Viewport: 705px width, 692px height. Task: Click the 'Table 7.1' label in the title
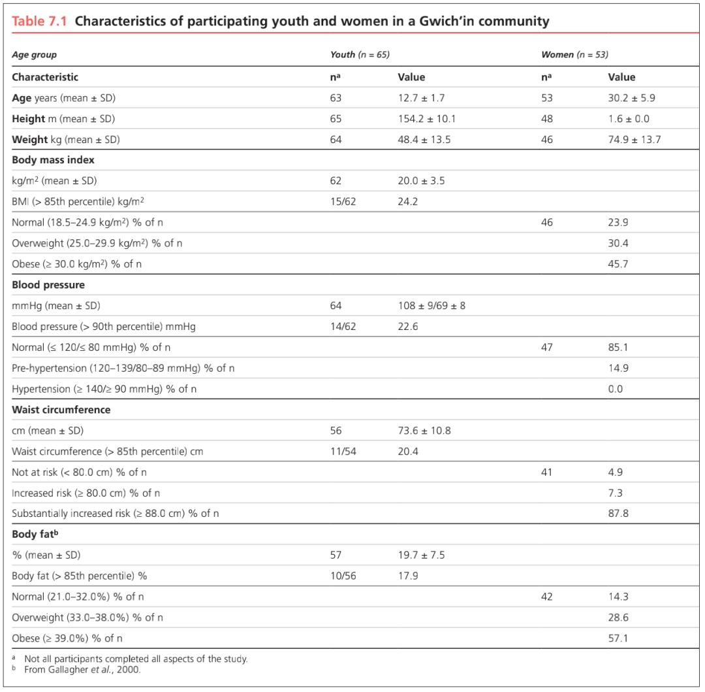[x=40, y=21]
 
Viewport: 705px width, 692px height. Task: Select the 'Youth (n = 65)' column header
[x=360, y=55]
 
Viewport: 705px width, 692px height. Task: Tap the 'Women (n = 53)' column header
[x=574, y=55]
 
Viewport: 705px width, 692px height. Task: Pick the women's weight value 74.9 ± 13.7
[x=634, y=140]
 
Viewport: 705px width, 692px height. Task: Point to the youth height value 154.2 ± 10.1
[x=427, y=119]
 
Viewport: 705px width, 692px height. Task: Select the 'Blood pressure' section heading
[x=48, y=285]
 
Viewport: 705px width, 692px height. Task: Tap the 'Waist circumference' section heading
[x=61, y=410]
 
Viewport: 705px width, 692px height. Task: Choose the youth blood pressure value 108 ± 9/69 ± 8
[x=431, y=306]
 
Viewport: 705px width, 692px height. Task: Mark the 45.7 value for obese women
[x=618, y=264]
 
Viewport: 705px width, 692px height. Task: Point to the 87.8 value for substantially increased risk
[x=618, y=514]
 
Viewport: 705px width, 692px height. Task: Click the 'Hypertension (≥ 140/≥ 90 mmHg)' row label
[x=104, y=389]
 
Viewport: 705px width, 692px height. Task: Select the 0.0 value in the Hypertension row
[x=616, y=389]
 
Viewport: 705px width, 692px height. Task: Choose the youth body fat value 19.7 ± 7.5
[x=422, y=555]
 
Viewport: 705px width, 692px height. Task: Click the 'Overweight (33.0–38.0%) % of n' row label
[x=87, y=618]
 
